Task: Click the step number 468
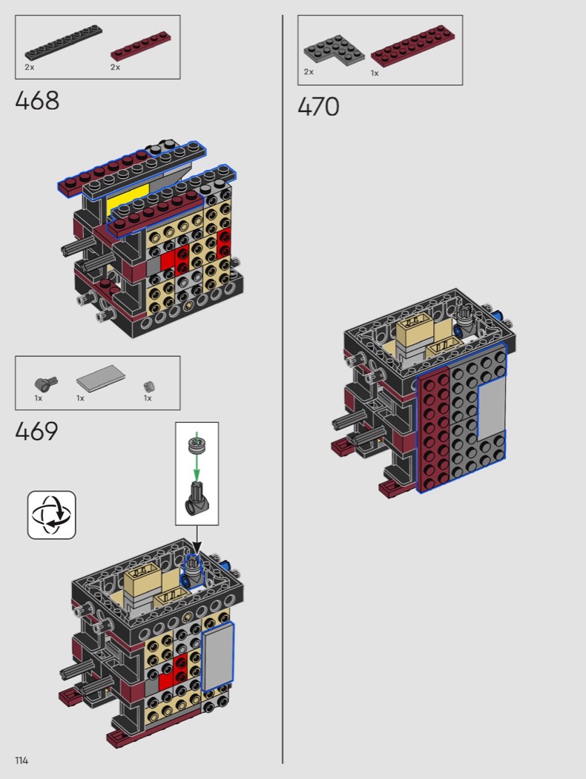pos(37,100)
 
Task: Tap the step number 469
pos(37,431)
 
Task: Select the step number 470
pos(318,106)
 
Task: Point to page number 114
pos(22,760)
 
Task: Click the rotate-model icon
pos(52,515)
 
